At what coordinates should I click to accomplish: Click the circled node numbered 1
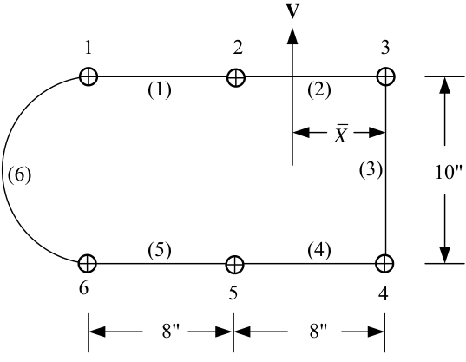pyautogui.click(x=89, y=76)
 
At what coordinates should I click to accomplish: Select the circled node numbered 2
pyautogui.click(x=236, y=77)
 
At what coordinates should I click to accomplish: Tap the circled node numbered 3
pyautogui.click(x=386, y=76)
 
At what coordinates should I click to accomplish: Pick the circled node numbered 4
pyautogui.click(x=385, y=263)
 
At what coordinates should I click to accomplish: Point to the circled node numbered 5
pyautogui.click(x=235, y=264)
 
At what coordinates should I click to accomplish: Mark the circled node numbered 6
pyautogui.click(x=88, y=263)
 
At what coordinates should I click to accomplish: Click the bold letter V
pyautogui.click(x=292, y=12)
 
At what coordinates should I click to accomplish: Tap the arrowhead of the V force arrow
pyautogui.click(x=292, y=36)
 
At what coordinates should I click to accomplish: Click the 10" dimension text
pyautogui.click(x=449, y=172)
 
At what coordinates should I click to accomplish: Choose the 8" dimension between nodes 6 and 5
pyautogui.click(x=171, y=331)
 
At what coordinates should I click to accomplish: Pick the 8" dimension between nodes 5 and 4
pyautogui.click(x=318, y=331)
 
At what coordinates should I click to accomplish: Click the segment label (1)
pyautogui.click(x=160, y=90)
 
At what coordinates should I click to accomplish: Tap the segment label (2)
pyautogui.click(x=319, y=90)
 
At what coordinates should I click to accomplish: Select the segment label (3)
pyautogui.click(x=371, y=171)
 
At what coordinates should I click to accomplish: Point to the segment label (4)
pyautogui.click(x=319, y=251)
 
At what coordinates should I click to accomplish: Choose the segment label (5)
pyautogui.click(x=160, y=251)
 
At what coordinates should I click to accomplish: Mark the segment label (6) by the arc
pyautogui.click(x=19, y=174)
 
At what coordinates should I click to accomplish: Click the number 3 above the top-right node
pyautogui.click(x=385, y=47)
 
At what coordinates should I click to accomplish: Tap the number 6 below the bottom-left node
pyautogui.click(x=84, y=288)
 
